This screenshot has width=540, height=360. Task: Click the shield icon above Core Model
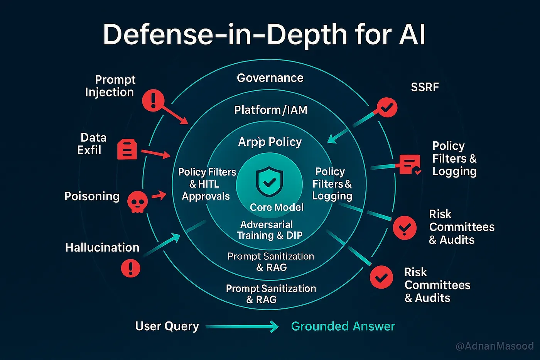pyautogui.click(x=270, y=182)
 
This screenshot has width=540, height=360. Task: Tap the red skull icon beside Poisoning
pyautogui.click(x=137, y=202)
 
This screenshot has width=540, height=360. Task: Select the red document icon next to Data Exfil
pyautogui.click(x=127, y=149)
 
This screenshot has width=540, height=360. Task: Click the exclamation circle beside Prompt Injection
pyautogui.click(x=153, y=101)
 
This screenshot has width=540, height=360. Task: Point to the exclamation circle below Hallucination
pyautogui.click(x=131, y=268)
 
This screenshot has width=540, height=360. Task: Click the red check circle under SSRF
pyautogui.click(x=387, y=107)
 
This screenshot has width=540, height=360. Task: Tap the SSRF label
pyautogui.click(x=425, y=87)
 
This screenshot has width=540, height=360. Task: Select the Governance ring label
pyautogui.click(x=270, y=78)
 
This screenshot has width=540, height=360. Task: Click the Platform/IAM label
pyautogui.click(x=271, y=110)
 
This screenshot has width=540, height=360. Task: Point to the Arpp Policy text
pyautogui.click(x=270, y=142)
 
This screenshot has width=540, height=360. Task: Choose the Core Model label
pyautogui.click(x=277, y=207)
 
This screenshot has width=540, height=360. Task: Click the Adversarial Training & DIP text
pyautogui.click(x=270, y=230)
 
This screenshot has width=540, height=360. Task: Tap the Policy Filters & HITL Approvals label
pyautogui.click(x=207, y=184)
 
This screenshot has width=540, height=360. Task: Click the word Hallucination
pyautogui.click(x=103, y=248)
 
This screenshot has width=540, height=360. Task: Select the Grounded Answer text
pyautogui.click(x=343, y=326)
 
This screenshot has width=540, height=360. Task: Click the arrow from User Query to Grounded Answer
pyautogui.click(x=242, y=327)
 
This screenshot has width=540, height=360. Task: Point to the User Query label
pyautogui.click(x=167, y=326)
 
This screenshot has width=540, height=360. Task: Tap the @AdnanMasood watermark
pyautogui.click(x=494, y=346)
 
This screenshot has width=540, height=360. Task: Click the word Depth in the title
pyautogui.click(x=307, y=35)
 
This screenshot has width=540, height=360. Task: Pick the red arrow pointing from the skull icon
pyautogui.click(x=159, y=196)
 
